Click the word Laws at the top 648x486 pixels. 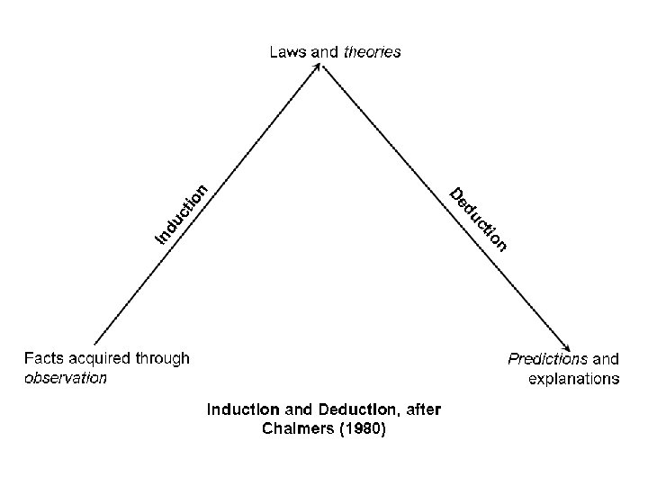coord(288,52)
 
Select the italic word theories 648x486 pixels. coord(372,52)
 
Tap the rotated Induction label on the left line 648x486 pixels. coord(182,213)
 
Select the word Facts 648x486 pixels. coord(44,358)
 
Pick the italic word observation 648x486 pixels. coord(66,378)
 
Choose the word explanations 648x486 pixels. coord(573,379)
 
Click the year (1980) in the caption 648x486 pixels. coord(360,430)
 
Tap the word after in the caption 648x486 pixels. coord(423,409)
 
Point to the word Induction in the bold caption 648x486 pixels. coord(240,409)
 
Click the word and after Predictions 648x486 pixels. coord(606,358)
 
